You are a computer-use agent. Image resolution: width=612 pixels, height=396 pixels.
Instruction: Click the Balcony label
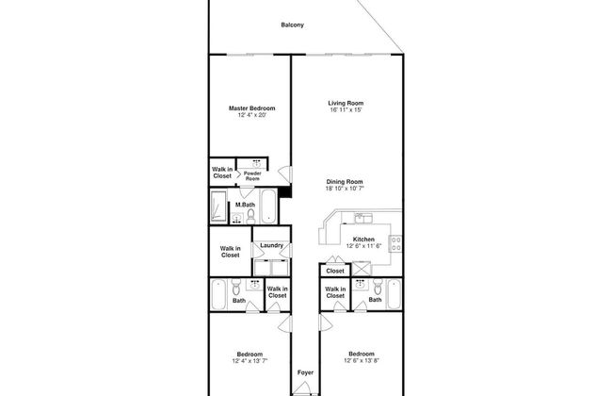(292, 25)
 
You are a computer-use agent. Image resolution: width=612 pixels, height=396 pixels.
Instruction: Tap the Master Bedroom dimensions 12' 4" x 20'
(251, 115)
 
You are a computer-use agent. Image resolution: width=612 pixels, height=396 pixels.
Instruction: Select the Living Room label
(346, 103)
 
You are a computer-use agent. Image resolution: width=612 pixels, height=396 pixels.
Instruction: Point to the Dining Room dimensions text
(345, 189)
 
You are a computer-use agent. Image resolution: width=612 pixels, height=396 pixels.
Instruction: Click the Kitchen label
(363, 239)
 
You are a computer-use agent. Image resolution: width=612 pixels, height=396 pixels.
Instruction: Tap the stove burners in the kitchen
(395, 243)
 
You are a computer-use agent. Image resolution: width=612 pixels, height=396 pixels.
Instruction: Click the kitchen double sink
(363, 218)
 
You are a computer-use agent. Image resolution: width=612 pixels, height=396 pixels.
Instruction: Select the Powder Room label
(252, 176)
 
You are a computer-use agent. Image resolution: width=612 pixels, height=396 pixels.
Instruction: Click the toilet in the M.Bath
(250, 216)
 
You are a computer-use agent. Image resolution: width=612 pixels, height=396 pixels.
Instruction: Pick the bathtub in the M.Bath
(268, 206)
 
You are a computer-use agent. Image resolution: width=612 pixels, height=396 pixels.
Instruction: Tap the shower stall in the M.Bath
(218, 206)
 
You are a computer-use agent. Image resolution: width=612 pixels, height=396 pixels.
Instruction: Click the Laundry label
(271, 245)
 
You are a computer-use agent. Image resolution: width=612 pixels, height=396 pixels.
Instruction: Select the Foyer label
(305, 372)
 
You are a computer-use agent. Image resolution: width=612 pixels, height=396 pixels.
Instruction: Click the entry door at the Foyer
(301, 388)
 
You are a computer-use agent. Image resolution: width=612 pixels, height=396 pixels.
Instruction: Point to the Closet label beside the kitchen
(335, 271)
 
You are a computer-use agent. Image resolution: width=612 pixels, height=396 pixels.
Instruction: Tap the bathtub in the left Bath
(218, 294)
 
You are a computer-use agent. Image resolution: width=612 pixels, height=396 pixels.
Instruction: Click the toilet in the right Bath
(378, 287)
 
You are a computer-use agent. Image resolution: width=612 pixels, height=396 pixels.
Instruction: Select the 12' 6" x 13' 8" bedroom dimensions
(362, 361)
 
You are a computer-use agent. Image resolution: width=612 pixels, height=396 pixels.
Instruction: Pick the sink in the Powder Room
(256, 164)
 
